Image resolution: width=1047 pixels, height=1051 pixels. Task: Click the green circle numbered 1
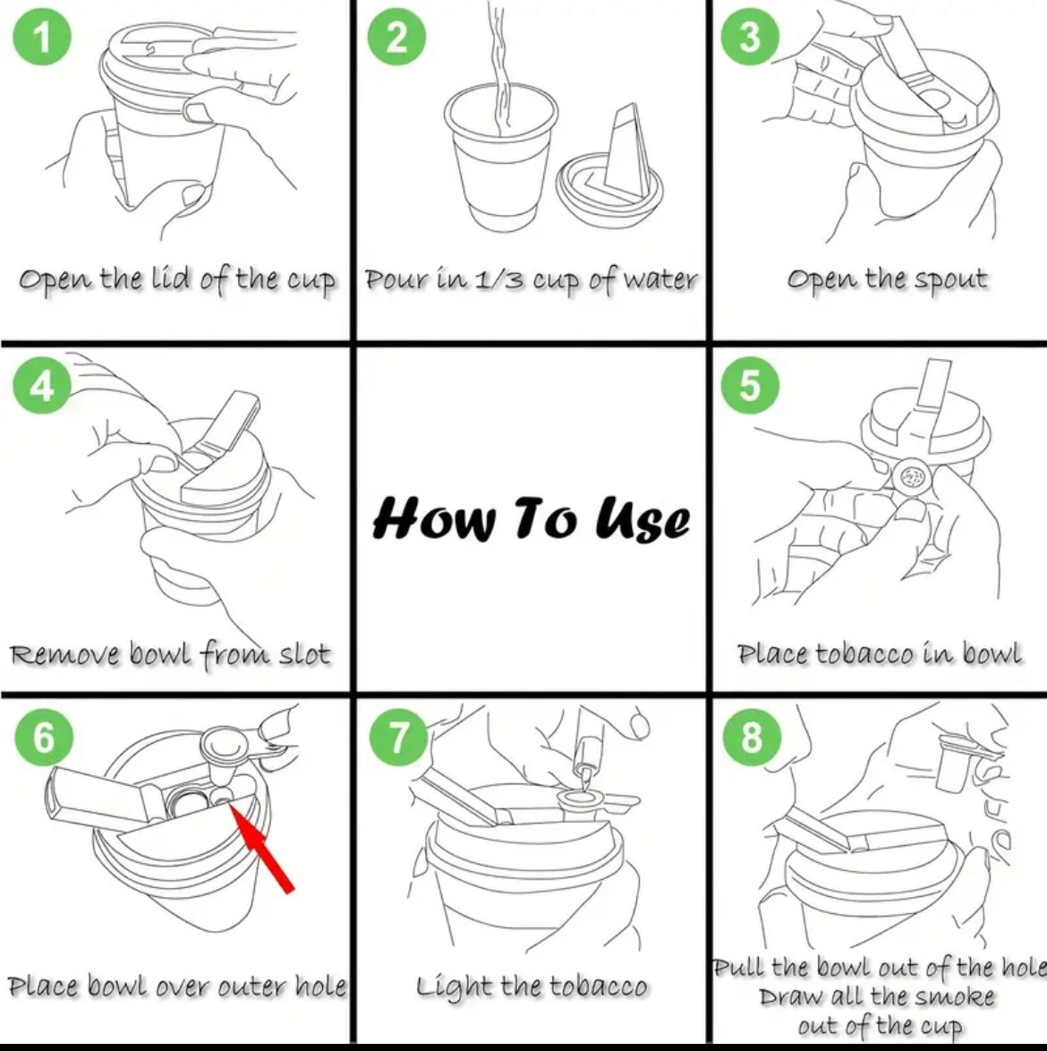coord(41,36)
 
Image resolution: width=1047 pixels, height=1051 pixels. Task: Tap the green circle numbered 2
coord(397,36)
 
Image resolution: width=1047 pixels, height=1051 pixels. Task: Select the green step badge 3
coord(750,36)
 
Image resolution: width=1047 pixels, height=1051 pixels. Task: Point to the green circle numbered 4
coord(41,386)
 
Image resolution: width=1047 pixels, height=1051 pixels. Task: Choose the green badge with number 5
coord(750,385)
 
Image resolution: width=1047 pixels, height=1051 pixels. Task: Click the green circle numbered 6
coord(44,738)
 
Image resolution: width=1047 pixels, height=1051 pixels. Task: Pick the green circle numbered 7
coord(398,738)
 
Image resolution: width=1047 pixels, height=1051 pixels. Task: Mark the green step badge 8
coord(752,738)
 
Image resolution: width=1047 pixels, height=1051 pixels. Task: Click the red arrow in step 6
coord(261,848)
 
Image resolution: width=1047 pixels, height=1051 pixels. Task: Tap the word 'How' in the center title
coord(436,518)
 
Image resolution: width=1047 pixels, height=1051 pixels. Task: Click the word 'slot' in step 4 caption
coord(304,654)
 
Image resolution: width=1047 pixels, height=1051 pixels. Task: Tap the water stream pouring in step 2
coord(500,67)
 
